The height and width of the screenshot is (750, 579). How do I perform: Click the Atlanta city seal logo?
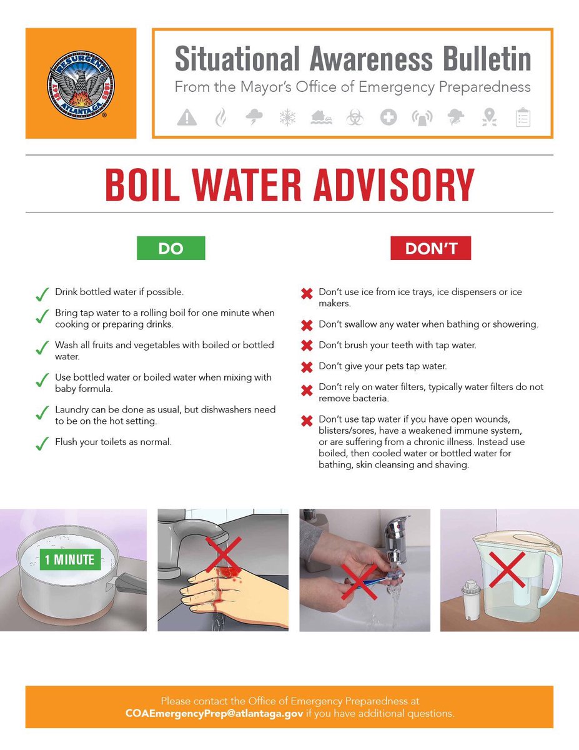click(x=81, y=84)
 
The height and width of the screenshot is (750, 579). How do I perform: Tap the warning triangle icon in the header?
click(x=187, y=117)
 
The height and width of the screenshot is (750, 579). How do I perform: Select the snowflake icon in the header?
click(x=287, y=117)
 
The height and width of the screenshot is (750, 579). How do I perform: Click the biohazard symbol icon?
click(x=355, y=117)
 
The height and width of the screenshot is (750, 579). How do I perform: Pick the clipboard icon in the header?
click(x=523, y=117)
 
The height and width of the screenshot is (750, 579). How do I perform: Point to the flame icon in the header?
click(x=220, y=117)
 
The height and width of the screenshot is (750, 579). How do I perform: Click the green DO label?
click(x=171, y=248)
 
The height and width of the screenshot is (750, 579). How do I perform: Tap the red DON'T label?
click(x=430, y=248)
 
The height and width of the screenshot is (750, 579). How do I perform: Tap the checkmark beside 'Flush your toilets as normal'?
click(x=42, y=444)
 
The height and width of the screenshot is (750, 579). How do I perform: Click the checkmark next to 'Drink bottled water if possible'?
click(x=42, y=294)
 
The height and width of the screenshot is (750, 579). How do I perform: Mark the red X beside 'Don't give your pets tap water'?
click(x=307, y=367)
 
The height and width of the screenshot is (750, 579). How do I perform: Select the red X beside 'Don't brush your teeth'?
click(x=307, y=346)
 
